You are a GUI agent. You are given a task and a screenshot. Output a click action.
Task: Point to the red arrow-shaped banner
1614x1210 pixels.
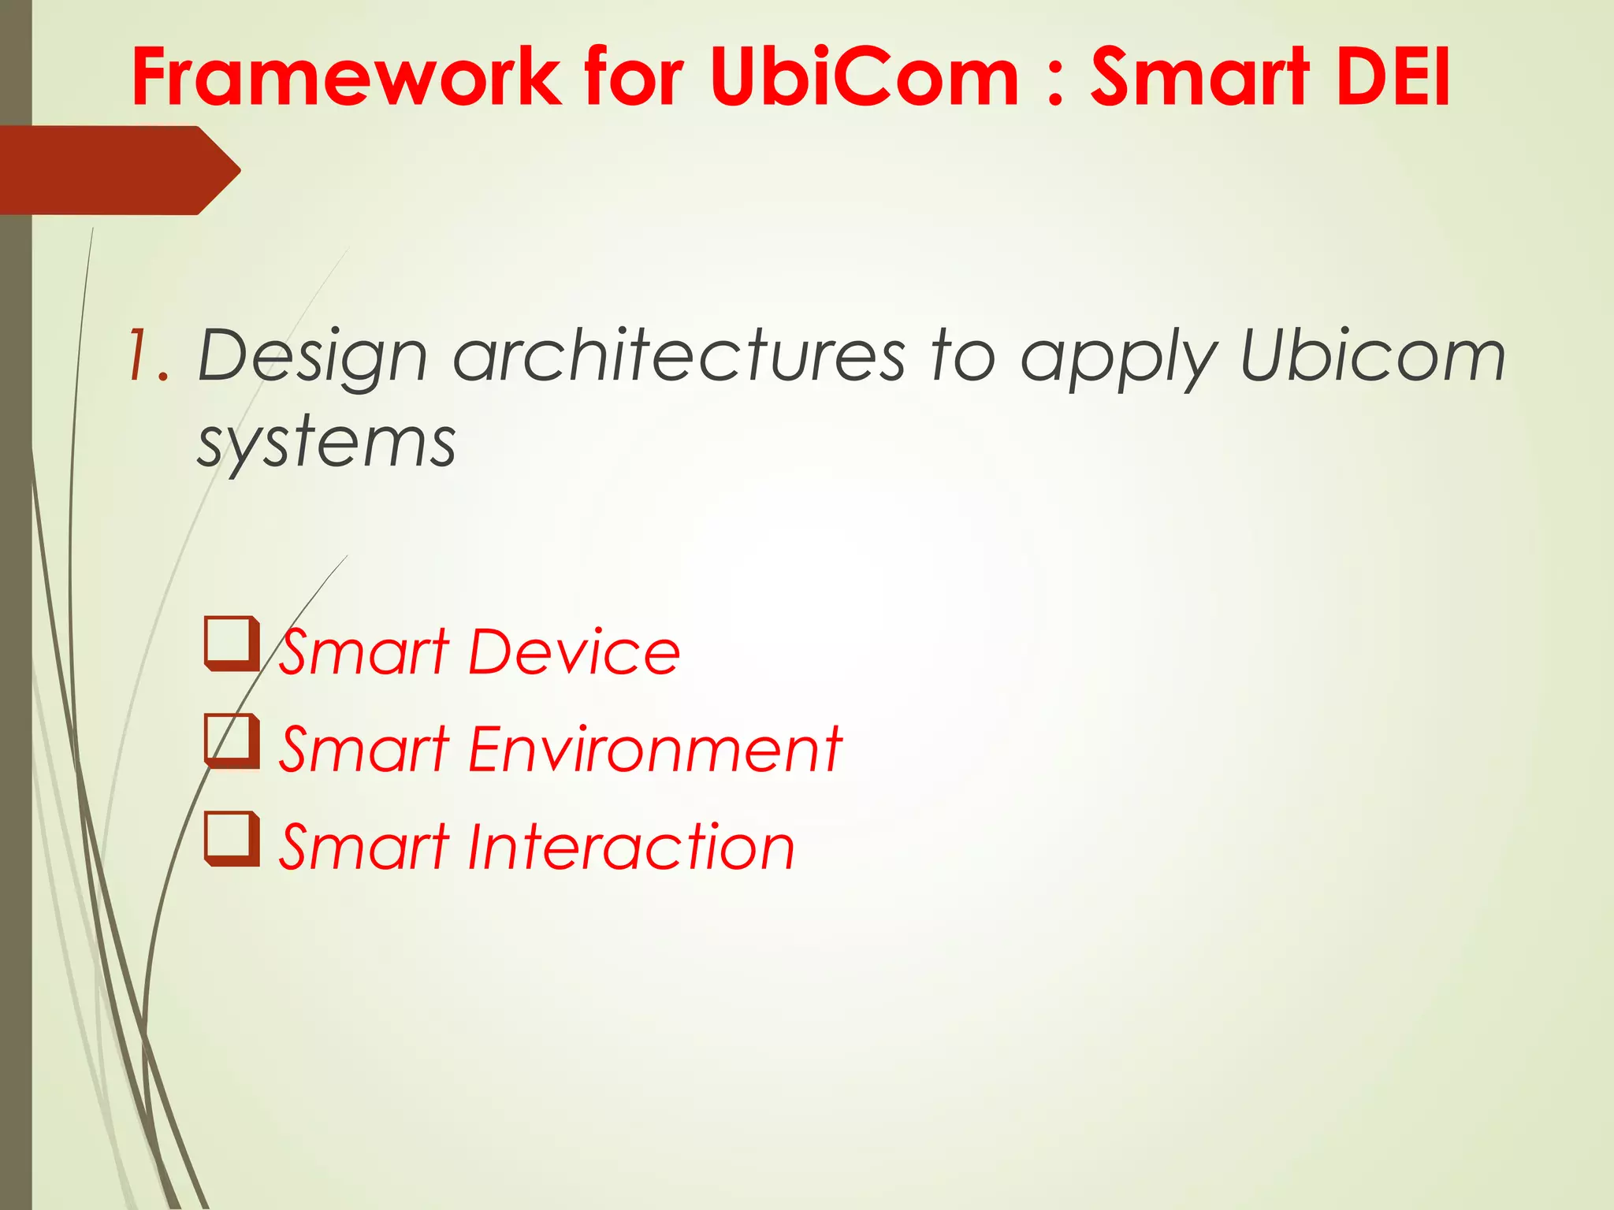click(x=118, y=170)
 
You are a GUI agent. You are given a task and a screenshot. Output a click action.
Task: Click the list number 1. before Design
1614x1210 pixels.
click(x=148, y=356)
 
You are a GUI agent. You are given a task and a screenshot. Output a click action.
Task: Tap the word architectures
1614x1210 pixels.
click(x=679, y=356)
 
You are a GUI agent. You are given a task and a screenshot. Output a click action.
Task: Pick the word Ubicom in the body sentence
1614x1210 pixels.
click(x=1372, y=356)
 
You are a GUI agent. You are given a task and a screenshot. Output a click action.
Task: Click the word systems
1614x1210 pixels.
click(x=326, y=444)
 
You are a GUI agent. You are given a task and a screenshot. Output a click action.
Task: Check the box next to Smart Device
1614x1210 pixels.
click(x=231, y=644)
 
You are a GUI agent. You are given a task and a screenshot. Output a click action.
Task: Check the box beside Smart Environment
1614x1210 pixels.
click(x=231, y=740)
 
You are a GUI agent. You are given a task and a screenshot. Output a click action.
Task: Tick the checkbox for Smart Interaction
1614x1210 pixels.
click(x=231, y=838)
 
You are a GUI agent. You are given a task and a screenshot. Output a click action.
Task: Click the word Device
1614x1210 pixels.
click(x=573, y=652)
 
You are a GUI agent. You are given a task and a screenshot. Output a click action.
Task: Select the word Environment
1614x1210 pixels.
click(x=654, y=749)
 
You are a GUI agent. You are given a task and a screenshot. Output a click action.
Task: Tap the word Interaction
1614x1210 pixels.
click(x=630, y=847)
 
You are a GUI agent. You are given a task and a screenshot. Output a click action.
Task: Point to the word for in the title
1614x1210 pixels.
click(x=634, y=76)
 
